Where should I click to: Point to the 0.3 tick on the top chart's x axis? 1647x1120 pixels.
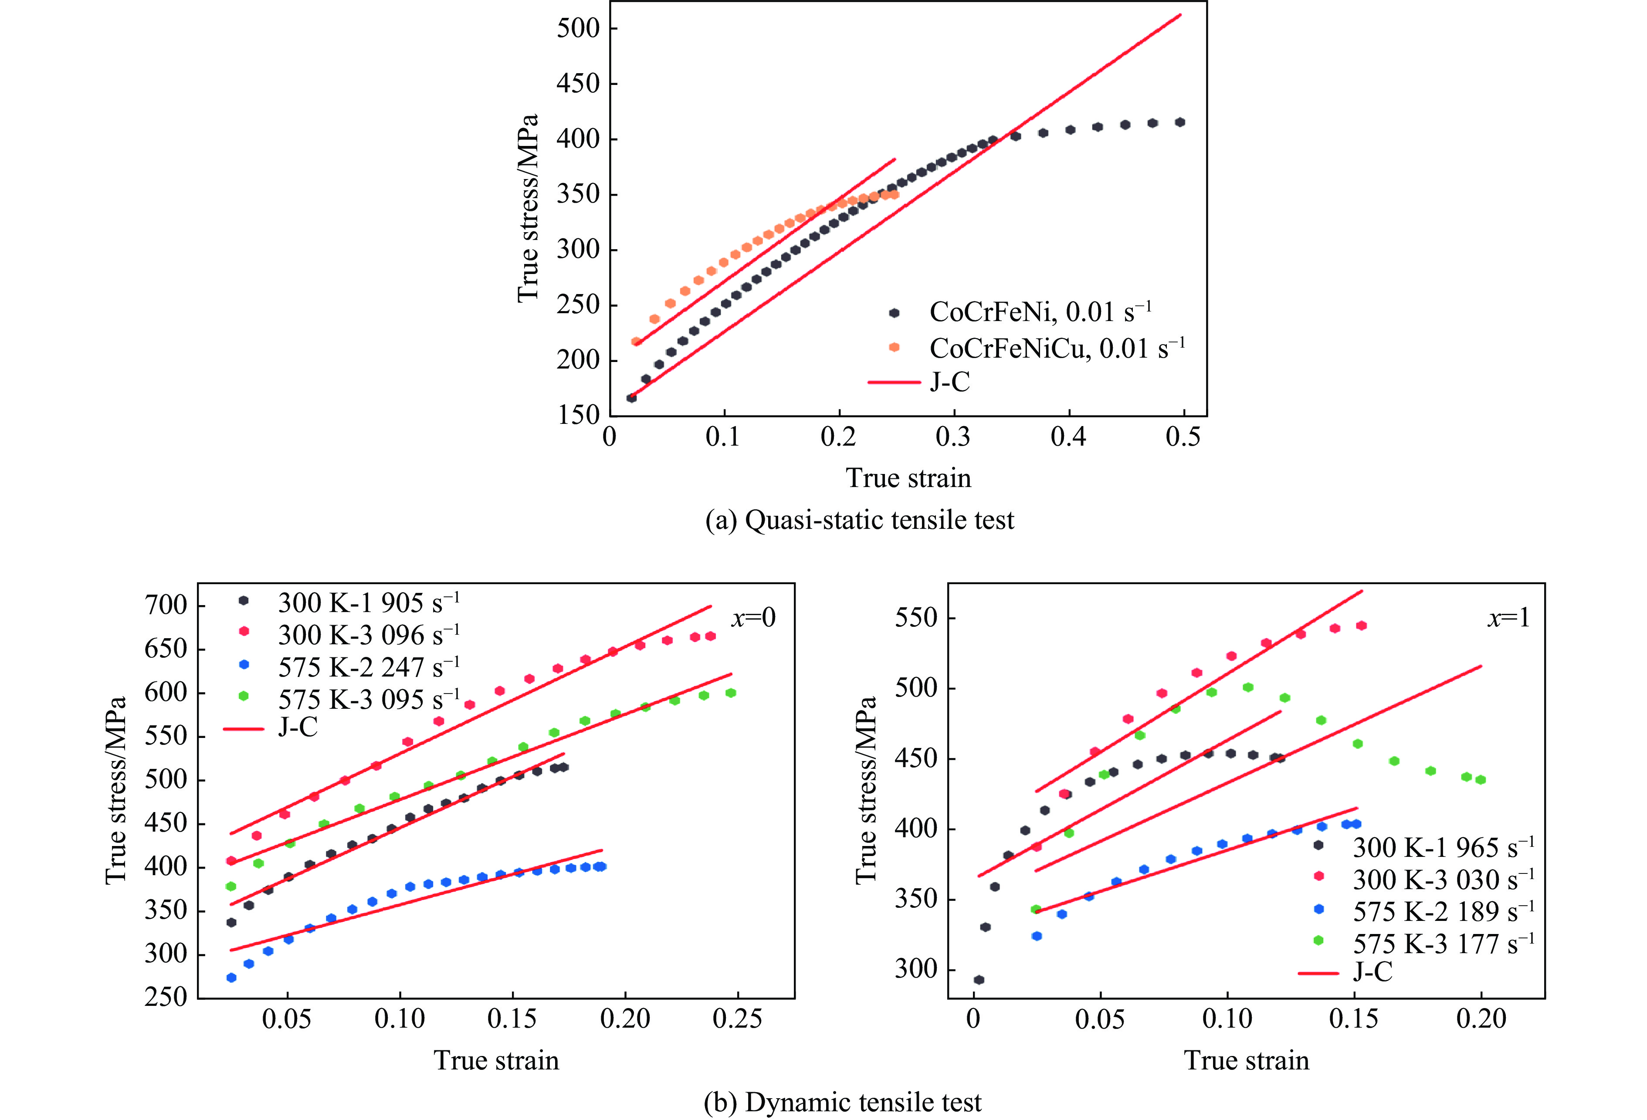[x=953, y=437]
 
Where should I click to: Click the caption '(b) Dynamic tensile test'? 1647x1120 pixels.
[x=843, y=1102]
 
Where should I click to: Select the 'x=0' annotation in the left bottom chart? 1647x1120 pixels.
[x=753, y=618]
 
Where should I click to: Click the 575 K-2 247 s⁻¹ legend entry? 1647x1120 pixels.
[x=369, y=667]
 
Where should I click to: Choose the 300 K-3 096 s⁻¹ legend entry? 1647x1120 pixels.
[x=369, y=635]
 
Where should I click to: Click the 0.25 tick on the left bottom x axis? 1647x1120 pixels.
[x=737, y=1018]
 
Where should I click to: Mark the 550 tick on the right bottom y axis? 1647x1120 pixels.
[x=915, y=618]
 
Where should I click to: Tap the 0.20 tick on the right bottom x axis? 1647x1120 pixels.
[x=1481, y=1018]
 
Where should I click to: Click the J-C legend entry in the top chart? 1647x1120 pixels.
[x=950, y=382]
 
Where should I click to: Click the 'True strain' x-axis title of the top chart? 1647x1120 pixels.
[x=908, y=478]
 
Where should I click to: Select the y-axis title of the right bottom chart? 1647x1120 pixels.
[x=866, y=790]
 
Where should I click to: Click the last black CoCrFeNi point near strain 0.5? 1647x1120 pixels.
[x=1180, y=122]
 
